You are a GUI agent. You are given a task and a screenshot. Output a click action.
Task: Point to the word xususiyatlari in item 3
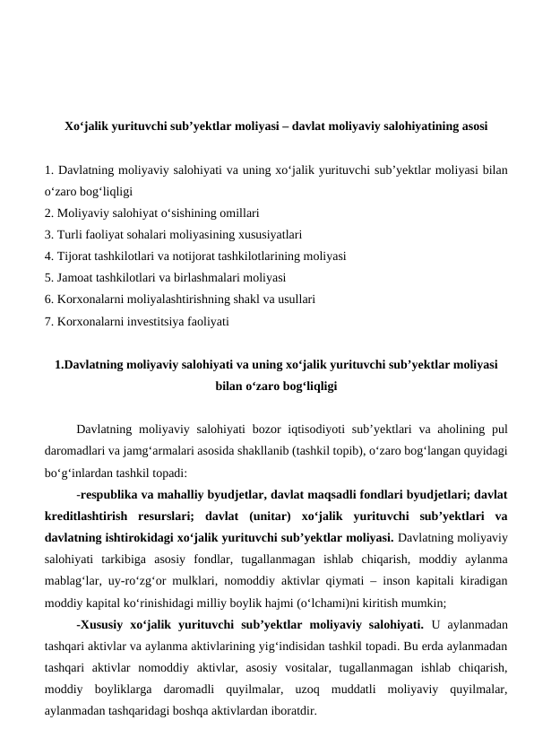269,234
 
